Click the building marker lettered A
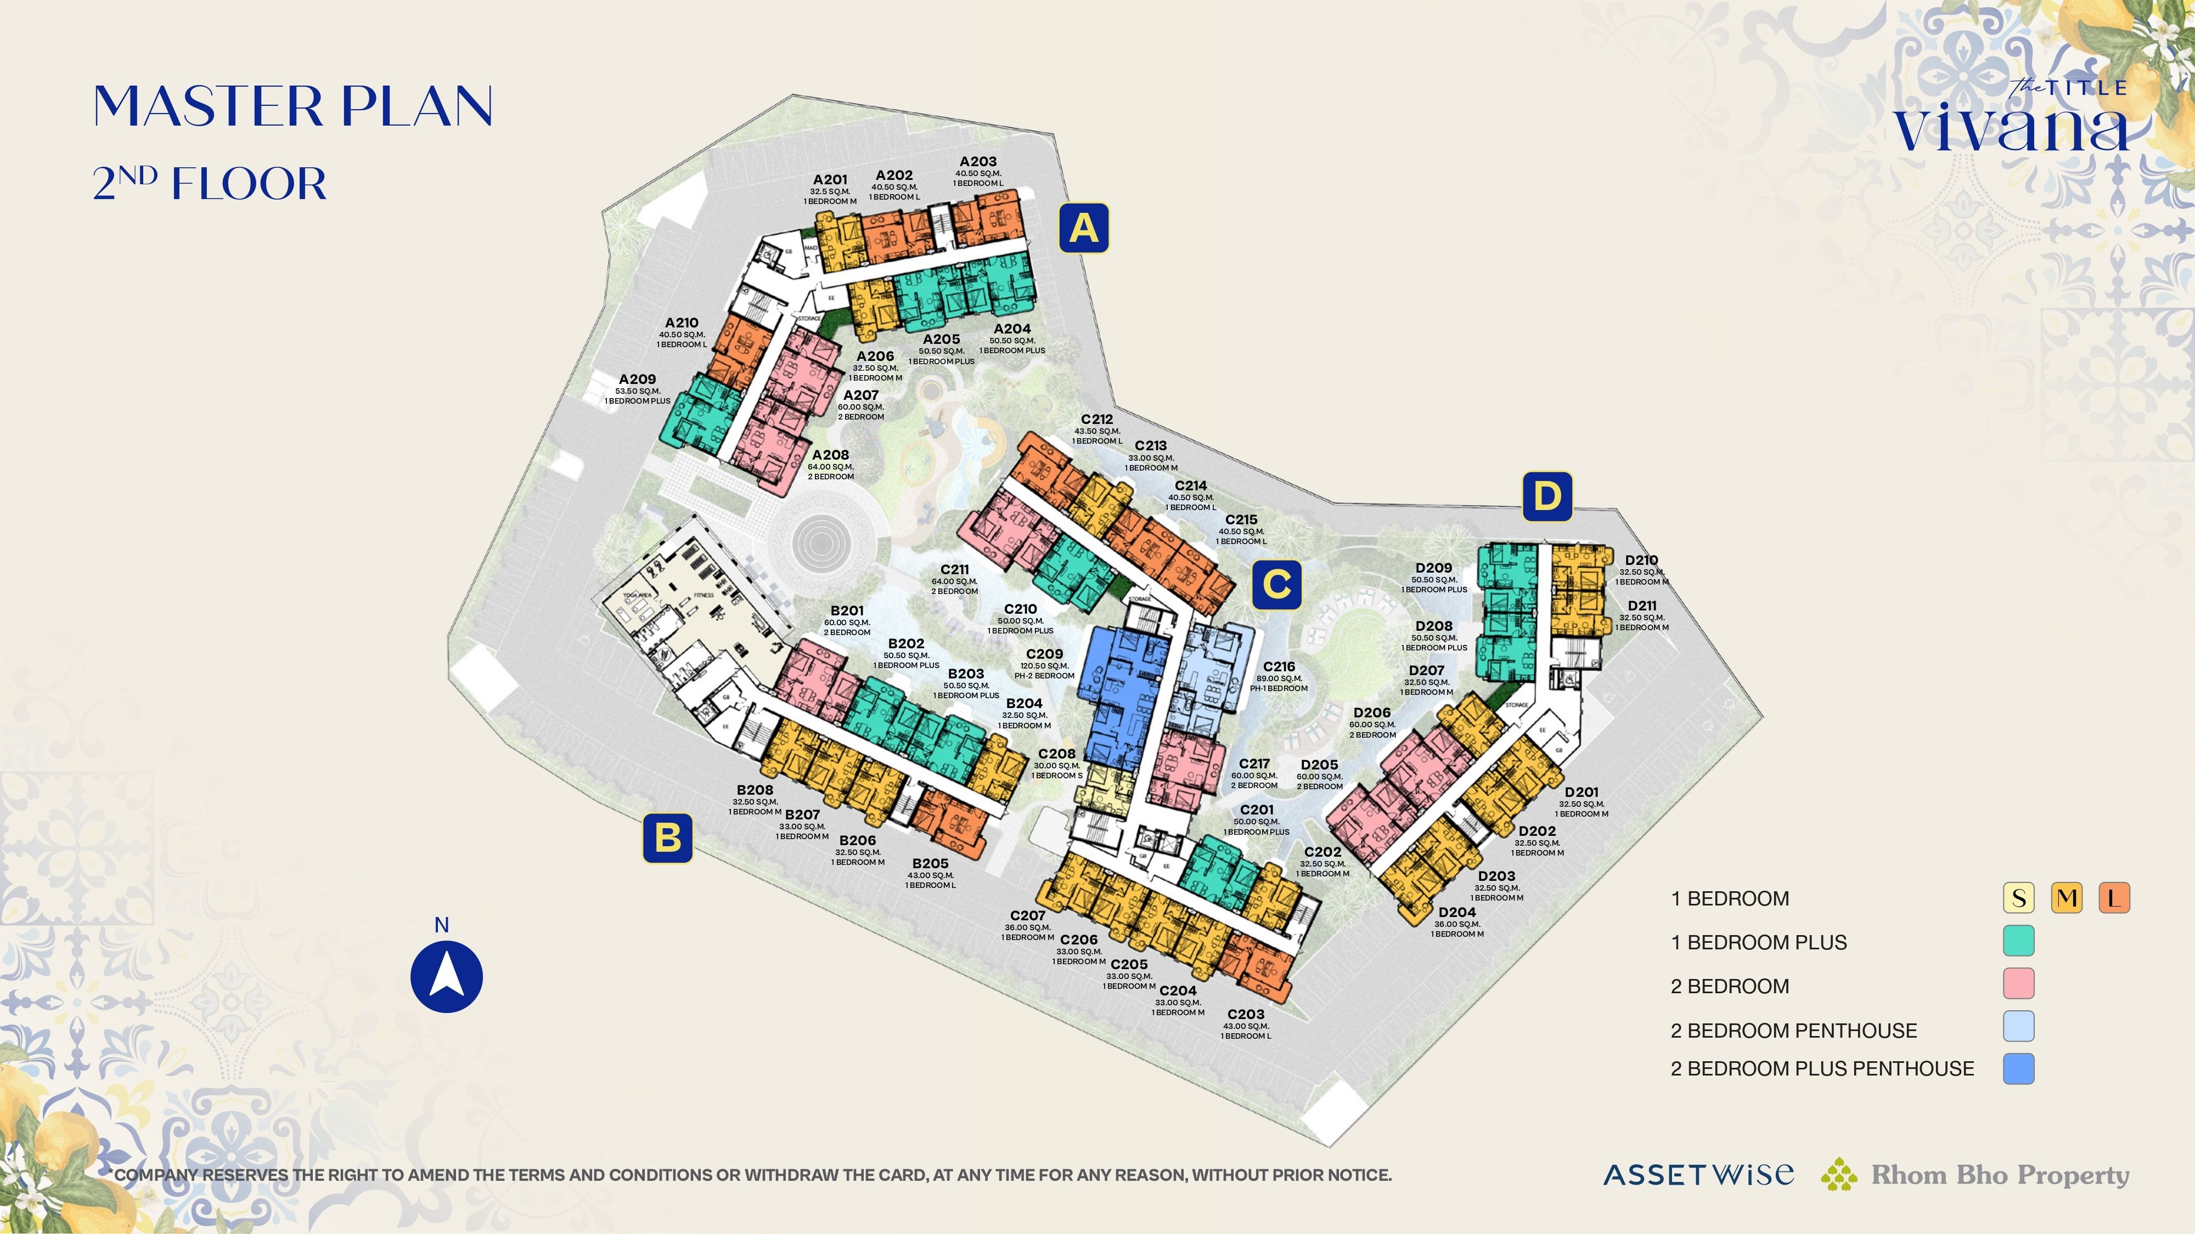tap(1083, 228)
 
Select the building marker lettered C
tap(1276, 585)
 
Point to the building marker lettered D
tap(1546, 496)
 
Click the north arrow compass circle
tap(447, 976)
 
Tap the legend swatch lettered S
tap(2018, 898)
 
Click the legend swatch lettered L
tap(2114, 898)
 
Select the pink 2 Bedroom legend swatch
tap(2018, 983)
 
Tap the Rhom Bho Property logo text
tap(1999, 1175)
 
